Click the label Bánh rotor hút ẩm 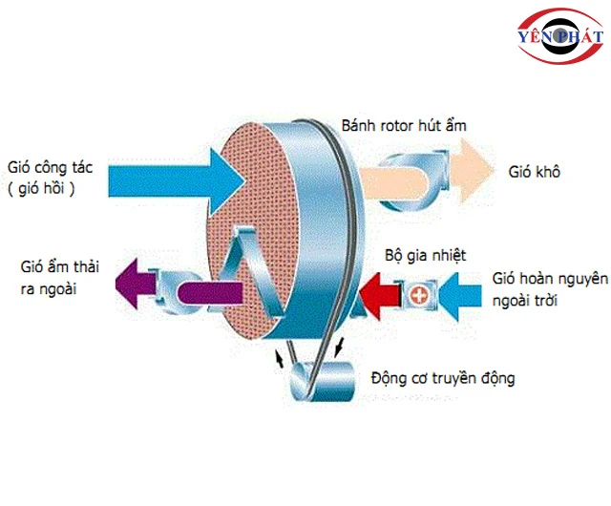[405, 125]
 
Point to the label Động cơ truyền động [445, 378]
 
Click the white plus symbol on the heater [417, 295]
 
